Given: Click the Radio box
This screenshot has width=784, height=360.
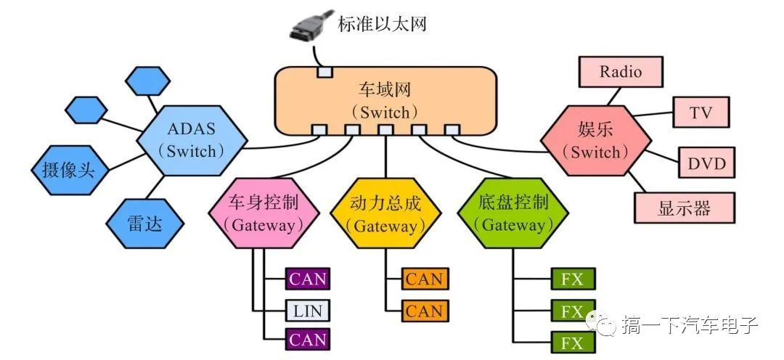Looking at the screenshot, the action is (621, 72).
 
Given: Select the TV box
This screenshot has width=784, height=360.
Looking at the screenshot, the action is (701, 112).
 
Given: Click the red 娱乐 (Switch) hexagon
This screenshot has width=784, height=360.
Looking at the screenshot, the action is (595, 141).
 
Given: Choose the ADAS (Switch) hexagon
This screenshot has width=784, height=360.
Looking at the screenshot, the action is (192, 141).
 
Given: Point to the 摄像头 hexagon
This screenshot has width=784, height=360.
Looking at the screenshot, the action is (69, 171).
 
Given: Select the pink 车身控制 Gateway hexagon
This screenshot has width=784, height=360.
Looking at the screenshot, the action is (264, 213).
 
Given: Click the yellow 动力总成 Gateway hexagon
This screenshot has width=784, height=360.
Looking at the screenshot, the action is (385, 213).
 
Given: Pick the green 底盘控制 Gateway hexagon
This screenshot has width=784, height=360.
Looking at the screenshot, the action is (513, 213).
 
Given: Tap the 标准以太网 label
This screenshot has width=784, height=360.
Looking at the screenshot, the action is (382, 23).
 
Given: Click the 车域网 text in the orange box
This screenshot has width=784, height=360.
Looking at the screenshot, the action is (385, 91).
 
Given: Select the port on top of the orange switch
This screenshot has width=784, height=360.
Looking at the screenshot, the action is (324, 72).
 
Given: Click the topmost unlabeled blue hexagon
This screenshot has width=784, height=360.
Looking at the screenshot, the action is (147, 81).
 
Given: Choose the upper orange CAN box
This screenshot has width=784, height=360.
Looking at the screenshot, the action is (424, 279).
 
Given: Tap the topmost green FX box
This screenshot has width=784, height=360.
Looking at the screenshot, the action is (573, 279).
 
